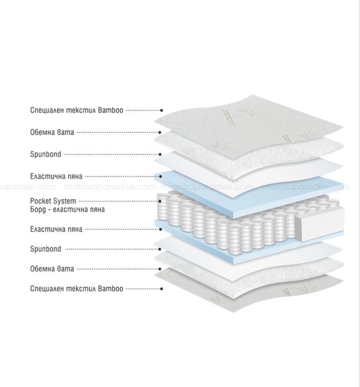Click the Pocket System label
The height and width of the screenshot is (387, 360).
click(x=53, y=201)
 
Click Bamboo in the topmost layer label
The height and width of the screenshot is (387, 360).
click(x=110, y=110)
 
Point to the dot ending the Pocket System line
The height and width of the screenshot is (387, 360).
click(x=160, y=201)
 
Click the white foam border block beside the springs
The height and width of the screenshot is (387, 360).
click(x=320, y=224)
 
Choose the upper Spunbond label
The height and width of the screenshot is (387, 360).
click(x=46, y=154)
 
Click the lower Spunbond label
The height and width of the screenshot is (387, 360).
click(x=46, y=249)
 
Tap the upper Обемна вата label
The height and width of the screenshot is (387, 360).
click(x=52, y=132)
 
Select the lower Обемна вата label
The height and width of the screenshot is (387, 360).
click(x=52, y=269)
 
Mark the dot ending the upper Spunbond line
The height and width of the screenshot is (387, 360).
click(x=160, y=154)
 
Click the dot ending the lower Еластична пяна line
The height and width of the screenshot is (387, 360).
click(x=160, y=229)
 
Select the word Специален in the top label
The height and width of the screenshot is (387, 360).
click(x=47, y=110)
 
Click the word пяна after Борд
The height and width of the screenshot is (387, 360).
click(x=97, y=210)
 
